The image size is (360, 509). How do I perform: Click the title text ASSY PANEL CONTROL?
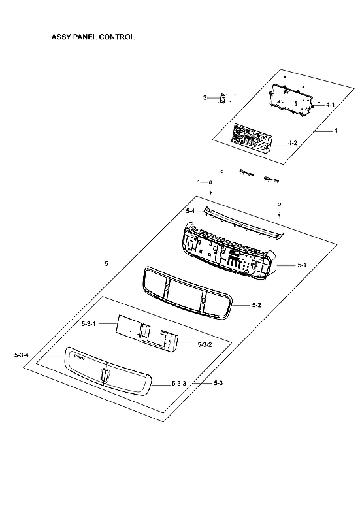93,37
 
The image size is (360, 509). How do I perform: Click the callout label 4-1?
330,105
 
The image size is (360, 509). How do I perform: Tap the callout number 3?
205,98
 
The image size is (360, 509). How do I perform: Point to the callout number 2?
221,172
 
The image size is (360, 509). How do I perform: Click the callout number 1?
199,182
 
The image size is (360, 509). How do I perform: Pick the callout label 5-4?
190,211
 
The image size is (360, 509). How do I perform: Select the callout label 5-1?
302,265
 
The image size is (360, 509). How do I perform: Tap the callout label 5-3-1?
88,324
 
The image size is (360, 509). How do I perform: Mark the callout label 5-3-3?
179,383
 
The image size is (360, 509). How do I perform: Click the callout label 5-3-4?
22,355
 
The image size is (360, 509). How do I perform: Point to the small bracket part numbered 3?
222,99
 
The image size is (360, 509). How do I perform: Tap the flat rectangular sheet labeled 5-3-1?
129,327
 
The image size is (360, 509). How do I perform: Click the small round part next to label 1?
210,182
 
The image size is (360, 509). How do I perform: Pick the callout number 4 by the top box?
336,131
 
